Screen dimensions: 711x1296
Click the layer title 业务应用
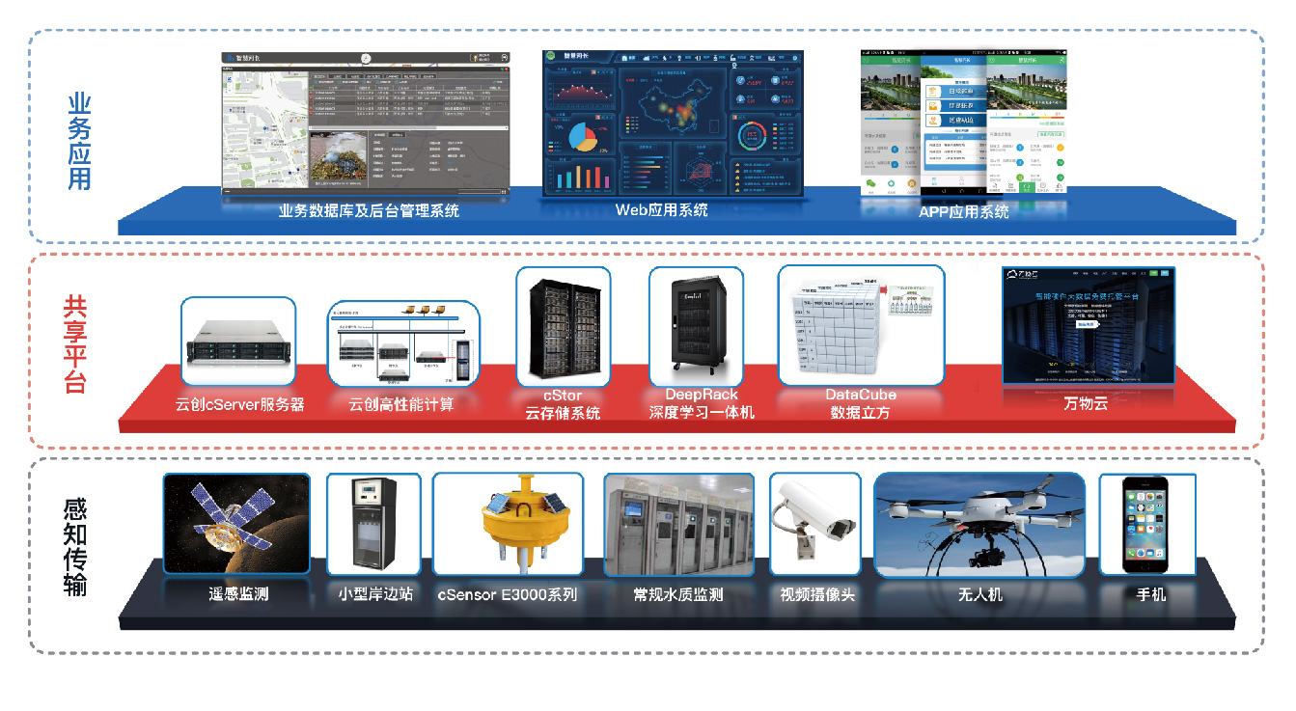[x=79, y=141]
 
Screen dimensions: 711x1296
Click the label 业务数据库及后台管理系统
[x=369, y=210]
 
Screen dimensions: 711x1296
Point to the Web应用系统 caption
[x=661, y=209]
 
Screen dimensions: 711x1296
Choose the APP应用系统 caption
[x=963, y=211]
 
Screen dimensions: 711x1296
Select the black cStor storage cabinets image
[x=564, y=328]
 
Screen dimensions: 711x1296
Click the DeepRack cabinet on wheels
[x=695, y=328]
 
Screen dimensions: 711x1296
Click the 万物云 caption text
[x=1087, y=404]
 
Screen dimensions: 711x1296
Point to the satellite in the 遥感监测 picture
[x=232, y=521]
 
